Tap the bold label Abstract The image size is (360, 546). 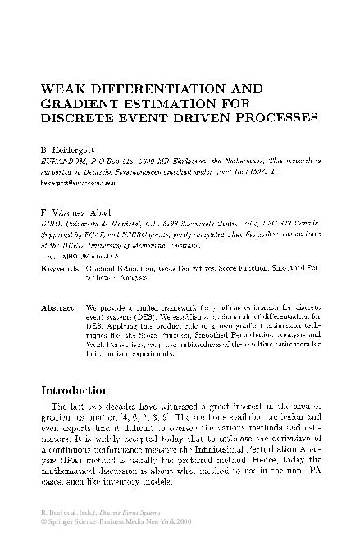[x=57, y=284]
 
